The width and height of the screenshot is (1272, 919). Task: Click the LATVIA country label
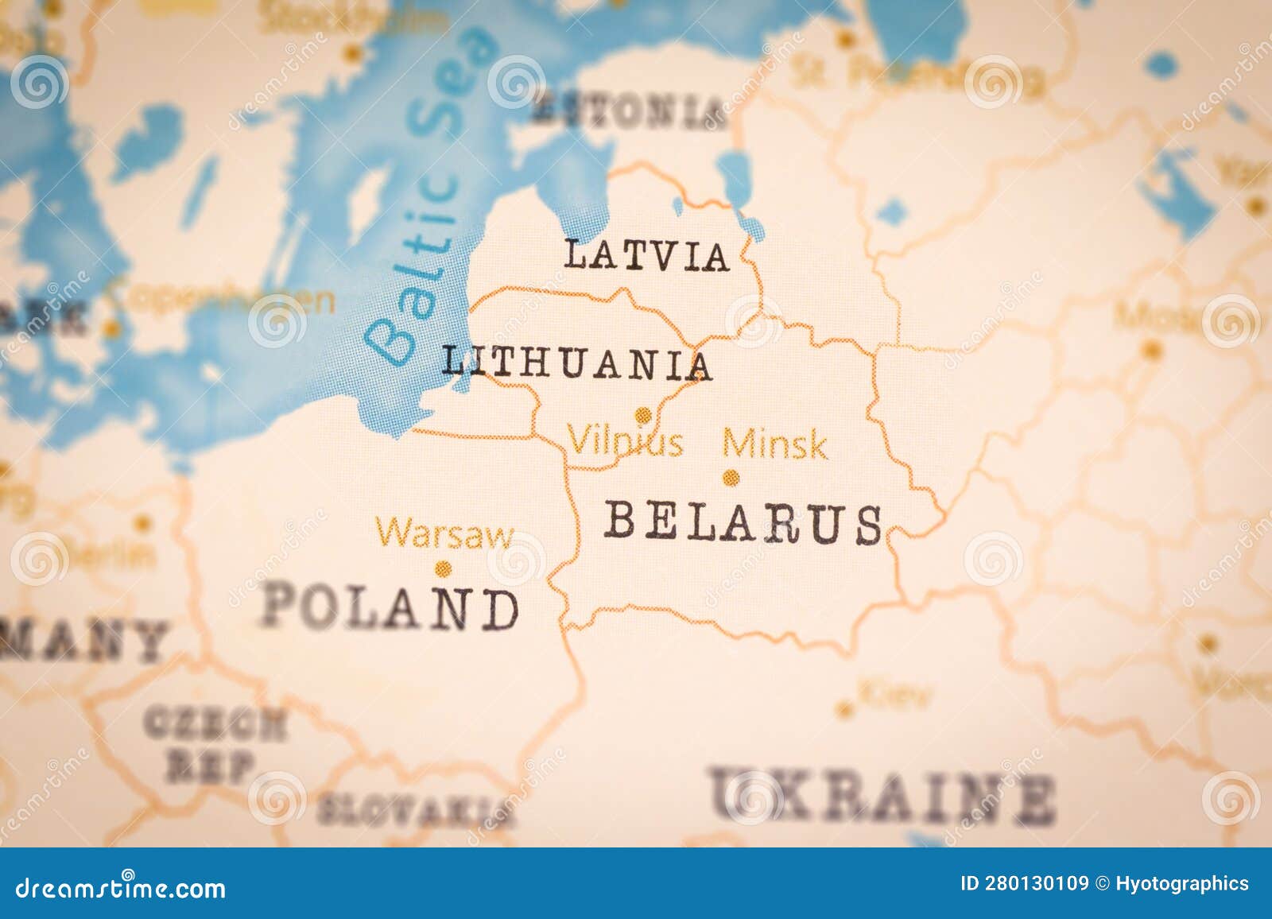point(646,255)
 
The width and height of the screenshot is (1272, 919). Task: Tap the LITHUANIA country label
point(576,363)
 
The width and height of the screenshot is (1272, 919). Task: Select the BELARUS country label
point(743,523)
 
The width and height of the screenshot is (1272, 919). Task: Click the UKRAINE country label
point(882,795)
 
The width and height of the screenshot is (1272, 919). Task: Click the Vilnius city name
point(625,442)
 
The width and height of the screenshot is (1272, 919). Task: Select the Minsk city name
point(774,444)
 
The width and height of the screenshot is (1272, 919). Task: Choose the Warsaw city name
point(445,533)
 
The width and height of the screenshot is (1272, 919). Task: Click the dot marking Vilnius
point(642,414)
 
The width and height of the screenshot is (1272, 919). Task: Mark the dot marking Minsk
point(730,478)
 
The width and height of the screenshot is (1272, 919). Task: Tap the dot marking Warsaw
point(444,568)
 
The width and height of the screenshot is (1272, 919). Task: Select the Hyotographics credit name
point(1181,883)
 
